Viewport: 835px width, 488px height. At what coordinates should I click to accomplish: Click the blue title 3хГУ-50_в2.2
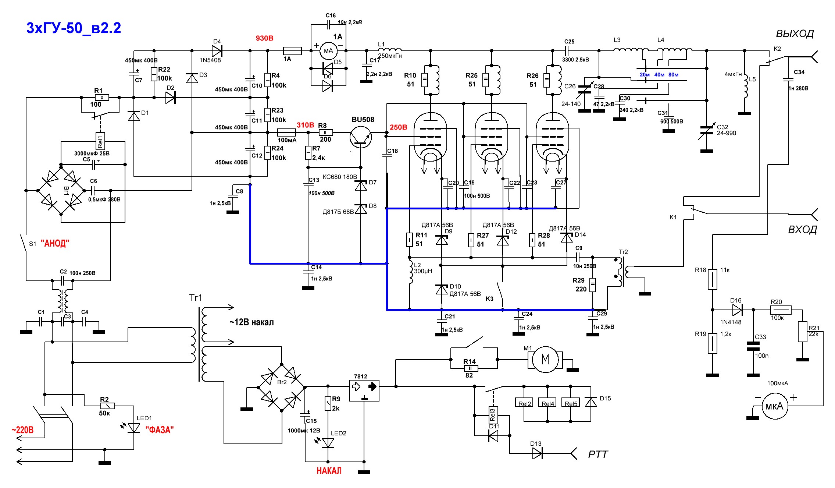[x=74, y=28]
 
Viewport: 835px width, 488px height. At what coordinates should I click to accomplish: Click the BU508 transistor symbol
[x=361, y=137]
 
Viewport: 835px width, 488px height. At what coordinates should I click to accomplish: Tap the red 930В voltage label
[x=264, y=38]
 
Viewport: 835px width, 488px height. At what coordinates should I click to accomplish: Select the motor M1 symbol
[x=545, y=359]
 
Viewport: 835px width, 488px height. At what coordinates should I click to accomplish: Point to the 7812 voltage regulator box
[x=364, y=390]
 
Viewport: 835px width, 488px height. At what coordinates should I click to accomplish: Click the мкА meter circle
[x=774, y=406]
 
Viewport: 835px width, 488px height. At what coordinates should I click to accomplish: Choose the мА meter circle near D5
[x=328, y=51]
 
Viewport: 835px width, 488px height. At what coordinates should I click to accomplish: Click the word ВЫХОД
[x=795, y=34]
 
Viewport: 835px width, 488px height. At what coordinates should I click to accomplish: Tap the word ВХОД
[x=802, y=230]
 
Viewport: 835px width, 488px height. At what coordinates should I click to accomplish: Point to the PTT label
[x=598, y=455]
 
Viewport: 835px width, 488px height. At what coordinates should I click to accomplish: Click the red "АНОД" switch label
[x=55, y=243]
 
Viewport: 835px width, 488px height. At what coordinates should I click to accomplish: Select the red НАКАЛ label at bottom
[x=329, y=471]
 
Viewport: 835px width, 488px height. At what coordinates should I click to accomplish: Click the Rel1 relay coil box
[x=100, y=141]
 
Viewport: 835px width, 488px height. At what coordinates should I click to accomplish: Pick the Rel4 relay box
[x=548, y=403]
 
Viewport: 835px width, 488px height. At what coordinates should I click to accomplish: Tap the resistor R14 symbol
[x=471, y=368]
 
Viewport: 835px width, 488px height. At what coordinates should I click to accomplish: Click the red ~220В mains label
[x=22, y=430]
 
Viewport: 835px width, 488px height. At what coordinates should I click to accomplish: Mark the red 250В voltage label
[x=399, y=127]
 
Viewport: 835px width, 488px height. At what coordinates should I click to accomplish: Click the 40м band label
[x=659, y=75]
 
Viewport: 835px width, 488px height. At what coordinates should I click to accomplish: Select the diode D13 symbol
[x=538, y=454]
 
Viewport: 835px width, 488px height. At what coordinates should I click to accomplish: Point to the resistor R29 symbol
[x=593, y=285]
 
